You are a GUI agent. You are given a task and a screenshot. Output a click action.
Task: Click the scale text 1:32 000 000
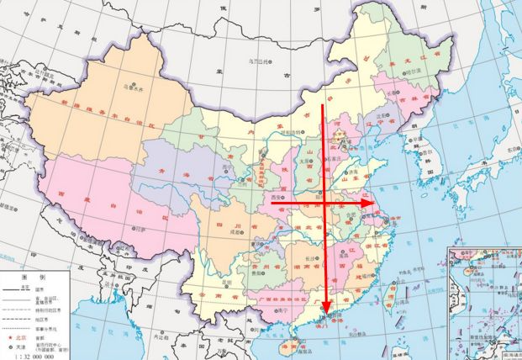tap(34, 355)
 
